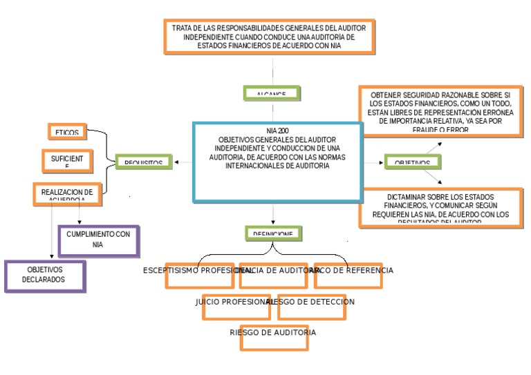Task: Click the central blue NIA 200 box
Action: tap(277, 162)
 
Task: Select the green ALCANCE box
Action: tap(274, 93)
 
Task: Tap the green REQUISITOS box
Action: tap(143, 162)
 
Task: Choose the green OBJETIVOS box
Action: tap(413, 162)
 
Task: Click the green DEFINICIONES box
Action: tap(273, 233)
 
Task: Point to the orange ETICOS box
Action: tap(68, 131)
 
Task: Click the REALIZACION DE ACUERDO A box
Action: tap(67, 195)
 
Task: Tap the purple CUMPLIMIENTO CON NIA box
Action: tap(98, 240)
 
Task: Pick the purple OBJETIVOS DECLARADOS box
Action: tap(45, 276)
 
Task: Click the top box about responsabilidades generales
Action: tap(270, 37)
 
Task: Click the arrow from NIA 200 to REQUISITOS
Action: tap(183, 162)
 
